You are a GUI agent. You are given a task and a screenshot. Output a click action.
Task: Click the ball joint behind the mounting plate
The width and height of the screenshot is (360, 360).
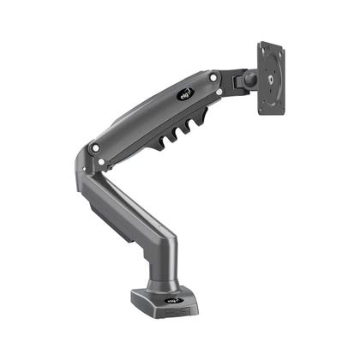coord(251,81)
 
